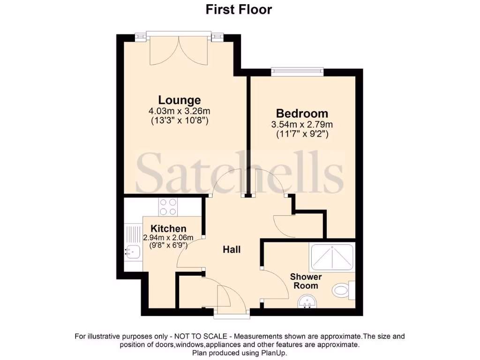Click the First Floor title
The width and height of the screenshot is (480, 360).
coord(239,9)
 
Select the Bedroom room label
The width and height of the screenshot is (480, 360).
coord(302,113)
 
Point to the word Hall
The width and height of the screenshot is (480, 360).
coord(232,249)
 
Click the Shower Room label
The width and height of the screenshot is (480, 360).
coord(304,281)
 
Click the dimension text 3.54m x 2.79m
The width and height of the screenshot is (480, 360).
coord(302,125)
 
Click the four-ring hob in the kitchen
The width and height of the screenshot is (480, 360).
coord(168,206)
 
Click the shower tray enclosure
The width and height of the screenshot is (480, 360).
coord(332,258)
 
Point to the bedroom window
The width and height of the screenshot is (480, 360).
coord(297,72)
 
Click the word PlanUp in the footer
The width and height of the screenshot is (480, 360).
coord(274,353)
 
